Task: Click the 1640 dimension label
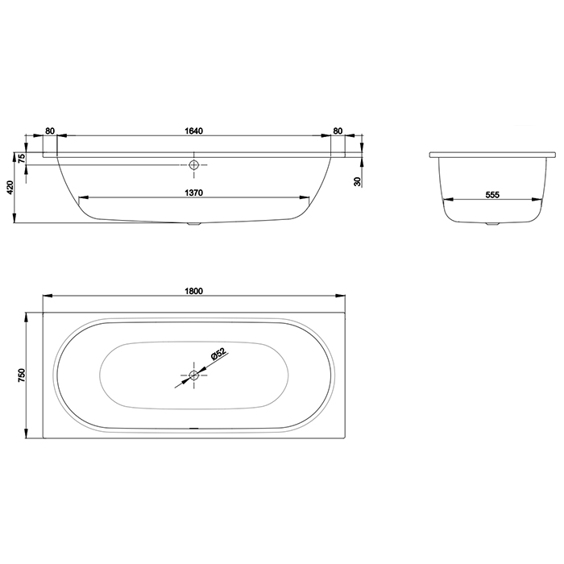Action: point(194,131)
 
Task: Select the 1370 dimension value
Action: point(194,193)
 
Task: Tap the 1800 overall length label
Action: point(194,291)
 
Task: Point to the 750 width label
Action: point(22,375)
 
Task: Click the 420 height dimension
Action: point(10,187)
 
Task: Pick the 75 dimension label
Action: point(21,158)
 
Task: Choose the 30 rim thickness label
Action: point(357,181)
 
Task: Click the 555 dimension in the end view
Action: point(492,195)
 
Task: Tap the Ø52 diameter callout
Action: point(218,354)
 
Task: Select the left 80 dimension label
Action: point(50,131)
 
